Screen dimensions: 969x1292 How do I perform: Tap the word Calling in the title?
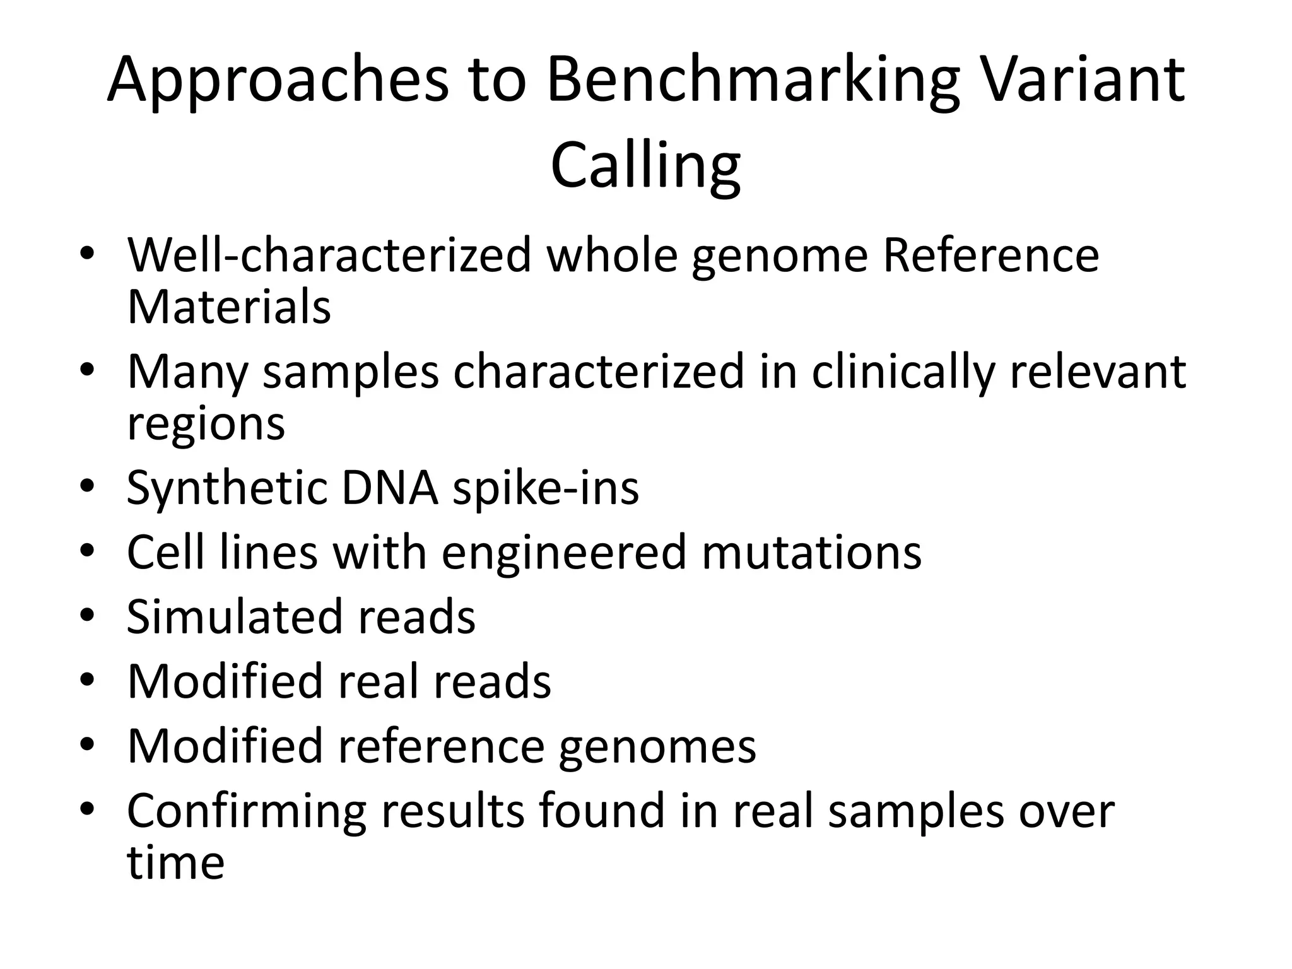(645, 166)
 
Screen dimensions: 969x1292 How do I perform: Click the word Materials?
(229, 307)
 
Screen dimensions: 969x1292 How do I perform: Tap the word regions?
(206, 425)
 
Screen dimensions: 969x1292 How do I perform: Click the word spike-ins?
(546, 489)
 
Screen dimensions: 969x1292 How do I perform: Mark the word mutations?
(811, 552)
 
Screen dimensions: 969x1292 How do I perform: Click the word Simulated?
(235, 616)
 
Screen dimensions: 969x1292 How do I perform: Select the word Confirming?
(246, 812)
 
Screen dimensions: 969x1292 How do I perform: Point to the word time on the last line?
(175, 862)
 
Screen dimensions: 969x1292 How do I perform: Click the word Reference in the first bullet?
(990, 255)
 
